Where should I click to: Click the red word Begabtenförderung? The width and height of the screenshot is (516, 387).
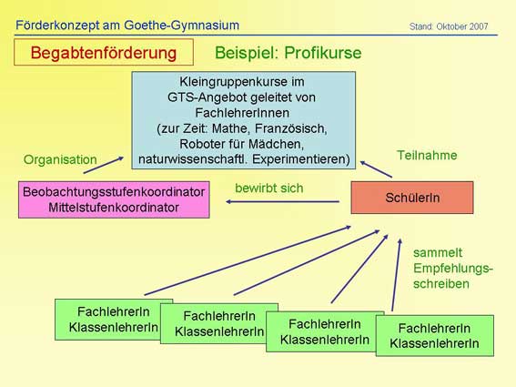tap(104, 53)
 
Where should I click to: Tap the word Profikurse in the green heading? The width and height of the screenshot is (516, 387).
tap(323, 53)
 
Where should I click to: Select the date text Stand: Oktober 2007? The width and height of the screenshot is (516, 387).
tap(449, 26)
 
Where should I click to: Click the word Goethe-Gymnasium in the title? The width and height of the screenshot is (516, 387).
tap(182, 25)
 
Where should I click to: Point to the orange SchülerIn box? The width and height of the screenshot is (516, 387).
tap(412, 198)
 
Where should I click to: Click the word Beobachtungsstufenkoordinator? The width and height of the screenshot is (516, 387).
tap(114, 192)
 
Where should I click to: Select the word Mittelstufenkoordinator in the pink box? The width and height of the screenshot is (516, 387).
tap(114, 208)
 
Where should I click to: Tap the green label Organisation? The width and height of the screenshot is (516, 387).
tap(60, 159)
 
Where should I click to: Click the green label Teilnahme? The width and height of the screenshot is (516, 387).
tap(427, 155)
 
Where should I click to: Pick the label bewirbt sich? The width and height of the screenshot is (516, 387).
tap(269, 188)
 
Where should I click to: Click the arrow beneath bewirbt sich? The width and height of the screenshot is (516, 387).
tap(282, 201)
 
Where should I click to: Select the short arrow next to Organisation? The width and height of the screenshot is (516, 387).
tap(104, 165)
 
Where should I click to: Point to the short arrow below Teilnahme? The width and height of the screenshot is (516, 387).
tap(376, 169)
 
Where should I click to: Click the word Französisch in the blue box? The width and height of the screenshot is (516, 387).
tap(291, 128)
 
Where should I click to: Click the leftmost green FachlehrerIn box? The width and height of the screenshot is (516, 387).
tap(114, 320)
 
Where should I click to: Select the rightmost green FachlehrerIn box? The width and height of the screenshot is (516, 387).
tap(435, 336)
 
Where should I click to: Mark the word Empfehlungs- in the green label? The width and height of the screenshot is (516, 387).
tap(453, 269)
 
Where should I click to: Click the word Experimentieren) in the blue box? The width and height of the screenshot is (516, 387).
tap(301, 159)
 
